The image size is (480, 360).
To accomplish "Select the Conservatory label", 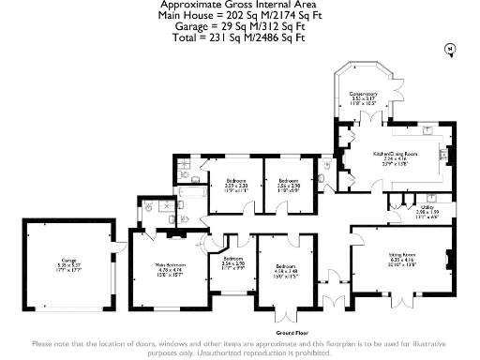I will (x=363, y=94).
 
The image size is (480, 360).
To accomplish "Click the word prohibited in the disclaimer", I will (x=307, y=352).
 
